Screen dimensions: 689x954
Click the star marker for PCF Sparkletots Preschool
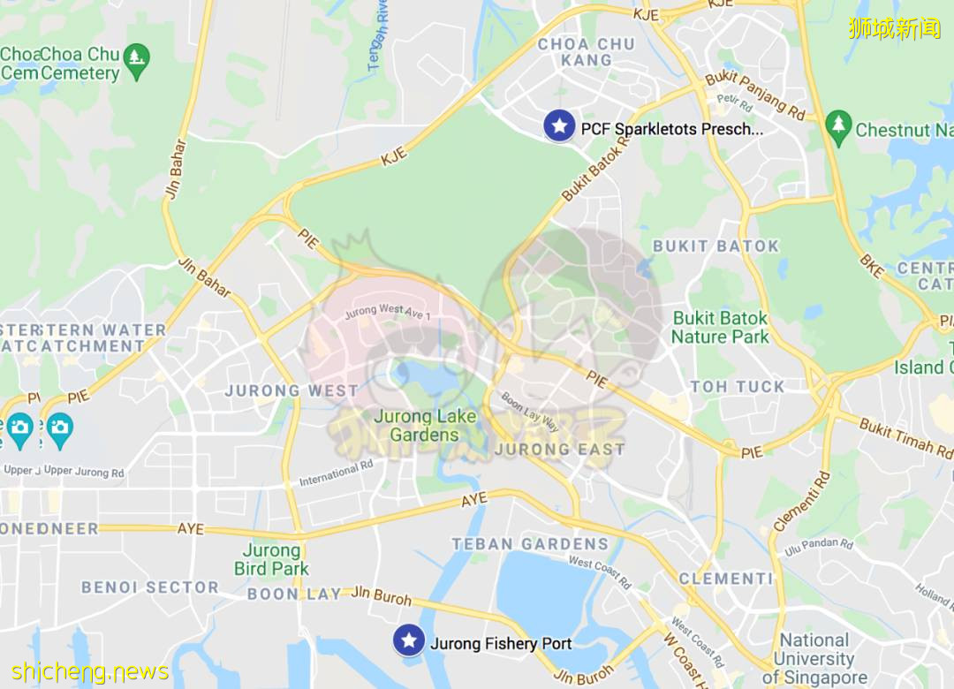558,125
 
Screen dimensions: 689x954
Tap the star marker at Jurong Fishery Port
408,640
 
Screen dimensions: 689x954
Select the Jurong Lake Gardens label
425,425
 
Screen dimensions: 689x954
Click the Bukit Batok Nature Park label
720,327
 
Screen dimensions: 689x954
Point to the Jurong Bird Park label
271,560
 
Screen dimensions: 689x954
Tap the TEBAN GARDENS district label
530,544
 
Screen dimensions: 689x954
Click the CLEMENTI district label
726,579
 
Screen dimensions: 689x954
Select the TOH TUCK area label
738,387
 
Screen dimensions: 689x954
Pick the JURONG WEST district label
291,390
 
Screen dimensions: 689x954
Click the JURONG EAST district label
559,449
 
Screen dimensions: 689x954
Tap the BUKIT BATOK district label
715,246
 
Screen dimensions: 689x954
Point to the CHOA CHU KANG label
587,52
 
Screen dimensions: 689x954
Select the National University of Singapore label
814,659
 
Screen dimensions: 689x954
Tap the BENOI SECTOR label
150,587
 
